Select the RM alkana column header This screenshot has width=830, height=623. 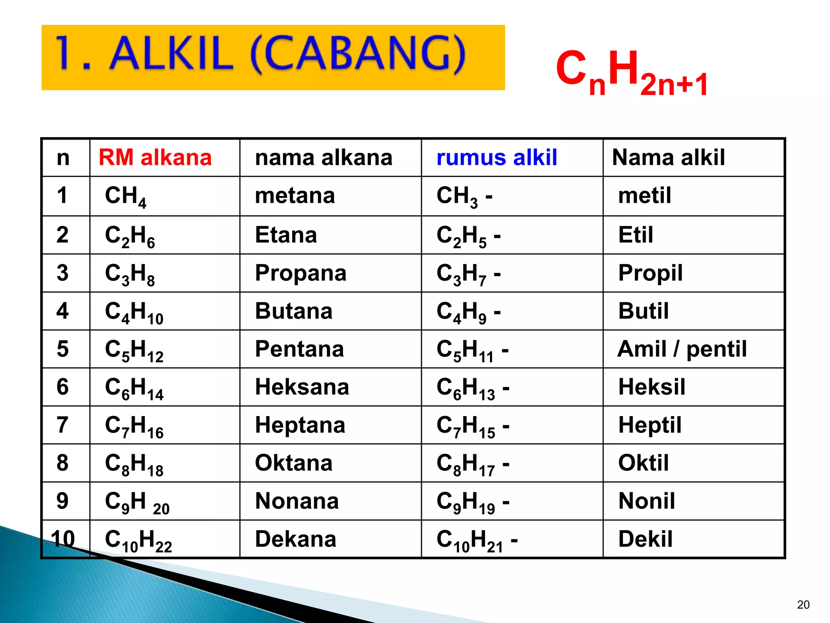tap(155, 157)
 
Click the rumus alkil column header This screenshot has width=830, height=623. tap(497, 157)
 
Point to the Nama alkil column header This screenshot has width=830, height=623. tap(668, 157)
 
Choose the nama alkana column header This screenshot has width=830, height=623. tap(323, 157)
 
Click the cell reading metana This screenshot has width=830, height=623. tap(295, 195)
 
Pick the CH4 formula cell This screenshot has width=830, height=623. tap(126, 197)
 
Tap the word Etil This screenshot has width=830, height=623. tap(635, 235)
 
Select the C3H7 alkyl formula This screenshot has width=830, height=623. tap(468, 274)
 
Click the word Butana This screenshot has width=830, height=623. tap(294, 311)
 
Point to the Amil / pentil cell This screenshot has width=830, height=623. tap(682, 349)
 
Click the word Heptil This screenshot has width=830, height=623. tap(650, 425)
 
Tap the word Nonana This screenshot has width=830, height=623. tap(297, 501)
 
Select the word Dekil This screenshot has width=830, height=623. tap(645, 539)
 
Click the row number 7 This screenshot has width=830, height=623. tap(62, 425)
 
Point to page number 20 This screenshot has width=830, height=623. tap(803, 605)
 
